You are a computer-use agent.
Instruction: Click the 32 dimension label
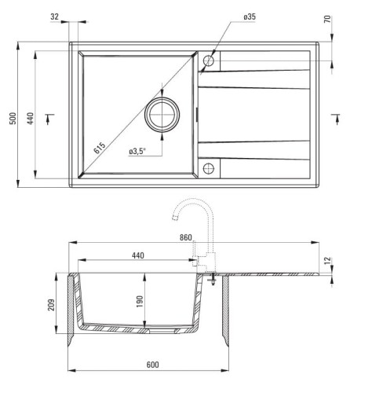(x=54, y=17)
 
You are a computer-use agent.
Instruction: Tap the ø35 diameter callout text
(x=250, y=17)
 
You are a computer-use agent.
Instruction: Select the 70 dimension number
(x=327, y=20)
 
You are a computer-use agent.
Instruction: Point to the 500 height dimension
(x=13, y=119)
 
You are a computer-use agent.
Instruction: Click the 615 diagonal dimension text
(x=100, y=148)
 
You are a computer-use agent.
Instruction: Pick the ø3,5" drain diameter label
(x=137, y=151)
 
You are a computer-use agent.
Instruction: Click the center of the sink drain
(x=162, y=115)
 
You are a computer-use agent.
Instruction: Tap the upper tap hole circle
(x=209, y=61)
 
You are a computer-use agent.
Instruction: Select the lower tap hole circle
(x=209, y=168)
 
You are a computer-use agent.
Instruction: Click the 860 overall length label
(x=186, y=237)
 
